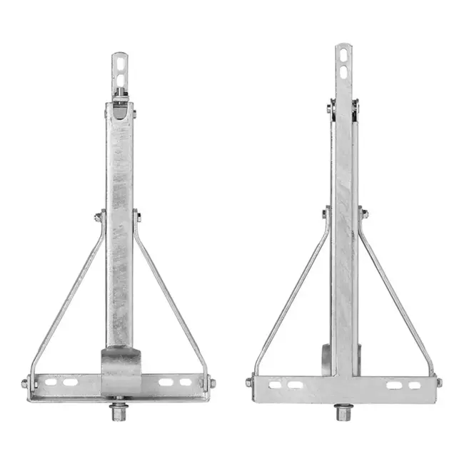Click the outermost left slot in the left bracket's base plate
point(51,383)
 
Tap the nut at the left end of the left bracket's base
point(25,383)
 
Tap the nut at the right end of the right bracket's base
point(438,383)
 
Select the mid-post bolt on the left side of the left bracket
point(98,215)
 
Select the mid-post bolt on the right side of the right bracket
point(364,212)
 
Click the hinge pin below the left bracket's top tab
point(119,107)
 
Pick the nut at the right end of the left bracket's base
point(211,383)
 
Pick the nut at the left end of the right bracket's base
point(249,383)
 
